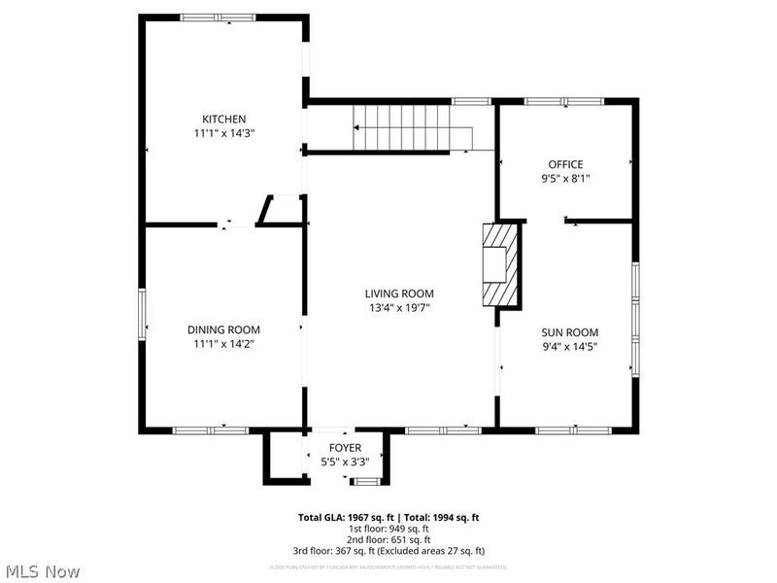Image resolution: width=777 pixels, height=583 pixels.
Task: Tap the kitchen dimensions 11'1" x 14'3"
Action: coord(223,133)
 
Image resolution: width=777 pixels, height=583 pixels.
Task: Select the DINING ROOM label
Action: coord(223,329)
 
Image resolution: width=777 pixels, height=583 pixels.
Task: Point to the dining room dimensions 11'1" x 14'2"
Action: coord(223,343)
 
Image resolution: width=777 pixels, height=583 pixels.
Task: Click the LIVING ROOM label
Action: coord(399,293)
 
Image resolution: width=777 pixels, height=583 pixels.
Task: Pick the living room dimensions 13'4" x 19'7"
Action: coord(399,307)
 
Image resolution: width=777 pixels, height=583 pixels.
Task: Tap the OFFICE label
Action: coord(565,164)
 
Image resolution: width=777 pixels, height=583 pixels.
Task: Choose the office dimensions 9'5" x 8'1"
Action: coord(565,178)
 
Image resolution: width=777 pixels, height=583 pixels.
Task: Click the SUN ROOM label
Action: coord(569,331)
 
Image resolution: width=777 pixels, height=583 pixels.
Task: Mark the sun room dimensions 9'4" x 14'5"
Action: coord(569,345)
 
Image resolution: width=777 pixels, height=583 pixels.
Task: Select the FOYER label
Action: coord(345,448)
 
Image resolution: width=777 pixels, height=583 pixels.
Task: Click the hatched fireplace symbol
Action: coord(502,264)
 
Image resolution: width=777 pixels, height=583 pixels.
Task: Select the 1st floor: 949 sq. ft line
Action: coord(388,529)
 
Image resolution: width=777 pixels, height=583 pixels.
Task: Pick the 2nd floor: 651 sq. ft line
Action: coord(388,539)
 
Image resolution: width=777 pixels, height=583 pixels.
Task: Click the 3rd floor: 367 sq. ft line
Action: coord(388,550)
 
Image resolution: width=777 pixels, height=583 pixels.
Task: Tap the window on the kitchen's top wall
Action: coord(219,17)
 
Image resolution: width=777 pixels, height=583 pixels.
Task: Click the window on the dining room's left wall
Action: coord(142,316)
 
